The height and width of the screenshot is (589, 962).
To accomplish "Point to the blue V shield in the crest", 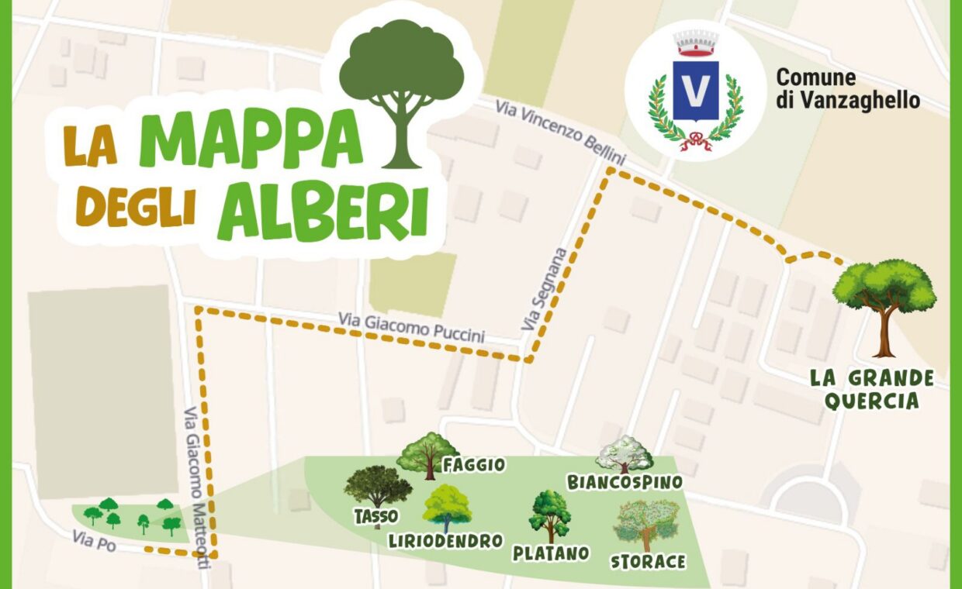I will coord(695,91).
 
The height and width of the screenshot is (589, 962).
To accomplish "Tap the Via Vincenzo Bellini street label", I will coord(562,132).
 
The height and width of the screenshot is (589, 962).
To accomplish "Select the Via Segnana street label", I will coord(552,289).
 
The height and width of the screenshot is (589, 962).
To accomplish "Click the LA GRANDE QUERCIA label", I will coord(872,389).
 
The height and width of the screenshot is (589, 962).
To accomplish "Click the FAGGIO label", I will coord(473,464).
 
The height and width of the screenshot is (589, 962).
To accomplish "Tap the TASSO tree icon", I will coord(378,488).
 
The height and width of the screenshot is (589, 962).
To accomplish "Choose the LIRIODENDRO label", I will coord(445,541).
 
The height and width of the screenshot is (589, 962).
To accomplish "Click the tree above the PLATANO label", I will coord(550,515).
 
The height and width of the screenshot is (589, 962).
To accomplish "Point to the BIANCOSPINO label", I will coord(625,482).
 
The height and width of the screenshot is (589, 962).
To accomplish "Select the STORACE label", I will coord(648,561).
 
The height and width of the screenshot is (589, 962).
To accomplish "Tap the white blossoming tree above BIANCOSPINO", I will coord(625,454).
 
